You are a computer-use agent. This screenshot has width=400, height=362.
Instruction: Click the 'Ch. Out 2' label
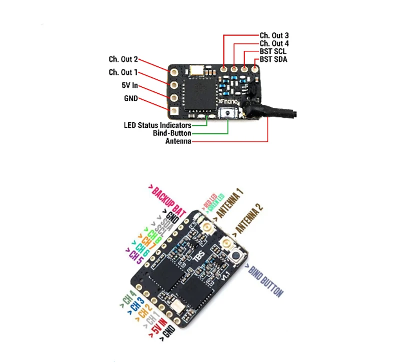pyautogui.click(x=123, y=59)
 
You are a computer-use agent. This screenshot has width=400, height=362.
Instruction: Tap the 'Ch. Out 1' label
pyautogui.click(x=123, y=72)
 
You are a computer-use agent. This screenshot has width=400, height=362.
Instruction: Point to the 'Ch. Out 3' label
pyautogui.click(x=274, y=35)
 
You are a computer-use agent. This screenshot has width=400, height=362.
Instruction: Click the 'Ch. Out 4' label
pyautogui.click(x=274, y=43)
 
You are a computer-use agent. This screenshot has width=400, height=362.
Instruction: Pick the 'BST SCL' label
pyautogui.click(x=273, y=51)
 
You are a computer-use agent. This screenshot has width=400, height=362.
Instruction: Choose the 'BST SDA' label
pyautogui.click(x=273, y=59)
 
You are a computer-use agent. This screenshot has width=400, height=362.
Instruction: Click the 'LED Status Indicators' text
pyautogui.click(x=157, y=125)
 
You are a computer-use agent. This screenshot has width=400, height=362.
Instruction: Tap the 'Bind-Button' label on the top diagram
pyautogui.click(x=172, y=133)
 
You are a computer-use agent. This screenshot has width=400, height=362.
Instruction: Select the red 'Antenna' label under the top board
pyautogui.click(x=177, y=141)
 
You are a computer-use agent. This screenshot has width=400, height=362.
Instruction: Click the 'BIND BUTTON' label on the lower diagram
pyautogui.click(x=265, y=281)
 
